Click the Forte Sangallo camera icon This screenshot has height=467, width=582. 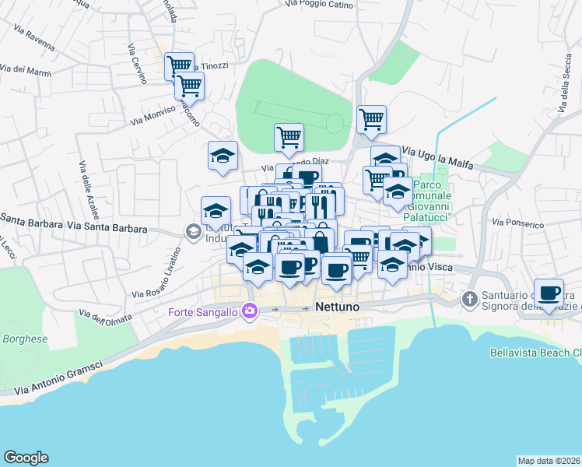pyautogui.click(x=250, y=311)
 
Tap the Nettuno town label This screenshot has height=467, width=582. pyautogui.click(x=338, y=307)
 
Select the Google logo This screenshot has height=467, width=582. pyautogui.click(x=26, y=458)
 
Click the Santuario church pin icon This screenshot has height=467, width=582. pyautogui.click(x=469, y=299)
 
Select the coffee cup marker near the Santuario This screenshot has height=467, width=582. pyautogui.click(x=549, y=293)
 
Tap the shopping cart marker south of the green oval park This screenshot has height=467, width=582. pyautogui.click(x=289, y=137)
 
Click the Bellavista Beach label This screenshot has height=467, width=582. pyautogui.click(x=535, y=352)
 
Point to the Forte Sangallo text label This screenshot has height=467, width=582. pyautogui.click(x=205, y=313)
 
